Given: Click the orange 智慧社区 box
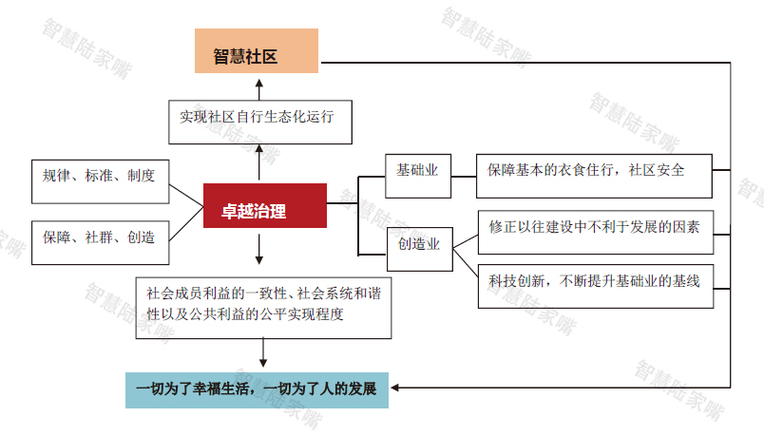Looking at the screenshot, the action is click(257, 50).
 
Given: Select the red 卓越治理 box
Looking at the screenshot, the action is click(265, 205).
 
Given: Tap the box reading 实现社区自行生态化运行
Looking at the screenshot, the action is click(260, 123).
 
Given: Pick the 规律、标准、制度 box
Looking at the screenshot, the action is click(101, 181).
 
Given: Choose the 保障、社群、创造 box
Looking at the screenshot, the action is click(101, 242).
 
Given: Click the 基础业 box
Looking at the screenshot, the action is click(418, 176).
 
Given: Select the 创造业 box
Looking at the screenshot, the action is click(420, 249).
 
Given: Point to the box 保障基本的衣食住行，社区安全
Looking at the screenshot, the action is click(594, 176).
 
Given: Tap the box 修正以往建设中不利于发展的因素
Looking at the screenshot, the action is click(596, 233).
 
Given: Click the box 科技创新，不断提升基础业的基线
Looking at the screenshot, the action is click(596, 287).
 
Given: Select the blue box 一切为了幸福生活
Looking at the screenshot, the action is click(257, 390).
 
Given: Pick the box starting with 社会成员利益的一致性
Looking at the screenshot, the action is click(263, 308).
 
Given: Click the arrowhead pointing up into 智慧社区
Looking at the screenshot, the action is click(259, 84).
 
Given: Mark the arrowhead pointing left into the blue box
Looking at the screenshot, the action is click(395, 388).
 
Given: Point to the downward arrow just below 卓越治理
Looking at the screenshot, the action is click(259, 249).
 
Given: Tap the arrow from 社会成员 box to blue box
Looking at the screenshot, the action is click(263, 352).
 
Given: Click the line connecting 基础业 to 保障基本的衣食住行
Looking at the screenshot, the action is click(464, 177).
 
